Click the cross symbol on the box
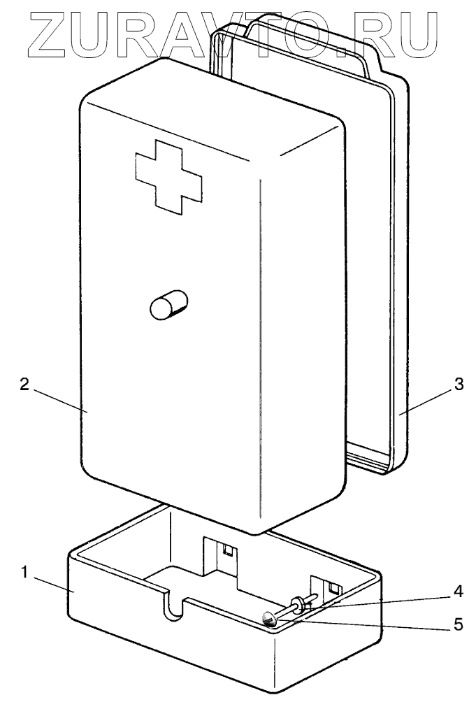[168, 176]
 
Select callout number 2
[24, 386]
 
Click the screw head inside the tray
[269, 617]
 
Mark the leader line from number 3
[426, 400]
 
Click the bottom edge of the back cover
[370, 467]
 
